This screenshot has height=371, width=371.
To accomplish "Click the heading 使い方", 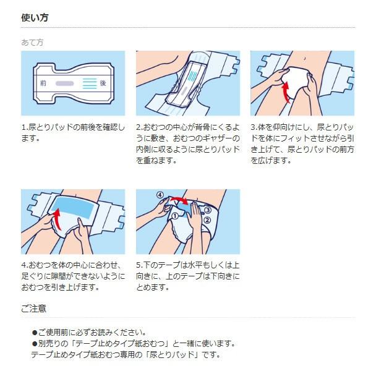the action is tap(35, 18).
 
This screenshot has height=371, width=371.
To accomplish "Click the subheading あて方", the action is tap(32, 43).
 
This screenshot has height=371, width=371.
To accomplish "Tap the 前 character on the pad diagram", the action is tap(43, 83).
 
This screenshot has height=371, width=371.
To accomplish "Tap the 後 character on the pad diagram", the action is tap(103, 83).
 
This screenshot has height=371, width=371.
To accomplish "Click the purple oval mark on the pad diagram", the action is tap(64, 83).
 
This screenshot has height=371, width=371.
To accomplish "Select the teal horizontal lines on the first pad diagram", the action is tap(90, 83).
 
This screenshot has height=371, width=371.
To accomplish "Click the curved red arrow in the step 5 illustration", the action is tap(179, 200).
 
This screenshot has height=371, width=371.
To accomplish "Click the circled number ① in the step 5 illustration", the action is tap(175, 216).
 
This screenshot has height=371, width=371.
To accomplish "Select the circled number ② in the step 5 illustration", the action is tap(207, 220).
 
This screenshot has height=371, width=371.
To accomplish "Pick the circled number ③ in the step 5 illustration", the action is tap(208, 210).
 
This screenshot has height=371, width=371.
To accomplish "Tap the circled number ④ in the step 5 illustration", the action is tap(160, 195).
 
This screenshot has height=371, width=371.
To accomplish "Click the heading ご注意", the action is tap(33, 309).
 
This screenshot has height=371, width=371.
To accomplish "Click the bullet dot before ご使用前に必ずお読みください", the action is tap(35, 333).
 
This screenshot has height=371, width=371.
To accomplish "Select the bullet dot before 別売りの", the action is tap(35, 344).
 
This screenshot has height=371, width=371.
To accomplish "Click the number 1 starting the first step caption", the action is tap(23, 127).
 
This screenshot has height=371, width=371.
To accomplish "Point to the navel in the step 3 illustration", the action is tap(305, 58).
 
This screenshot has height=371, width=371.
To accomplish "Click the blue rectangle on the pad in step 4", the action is tap(72, 208).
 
